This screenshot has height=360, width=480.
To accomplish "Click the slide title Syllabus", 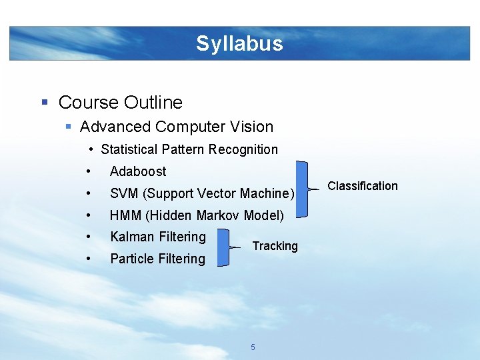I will point(239,44).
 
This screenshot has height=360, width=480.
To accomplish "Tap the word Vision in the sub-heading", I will point(252,127).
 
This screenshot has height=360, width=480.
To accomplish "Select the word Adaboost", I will point(138,171).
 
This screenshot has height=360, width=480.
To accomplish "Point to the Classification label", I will point(362,186).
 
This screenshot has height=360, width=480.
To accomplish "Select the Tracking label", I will point(275,246).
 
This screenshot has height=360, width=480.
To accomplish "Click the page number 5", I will point(253,347).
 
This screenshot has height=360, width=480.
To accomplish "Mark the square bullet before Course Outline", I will point(45,103).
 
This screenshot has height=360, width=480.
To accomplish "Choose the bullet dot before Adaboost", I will point(88,171).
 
